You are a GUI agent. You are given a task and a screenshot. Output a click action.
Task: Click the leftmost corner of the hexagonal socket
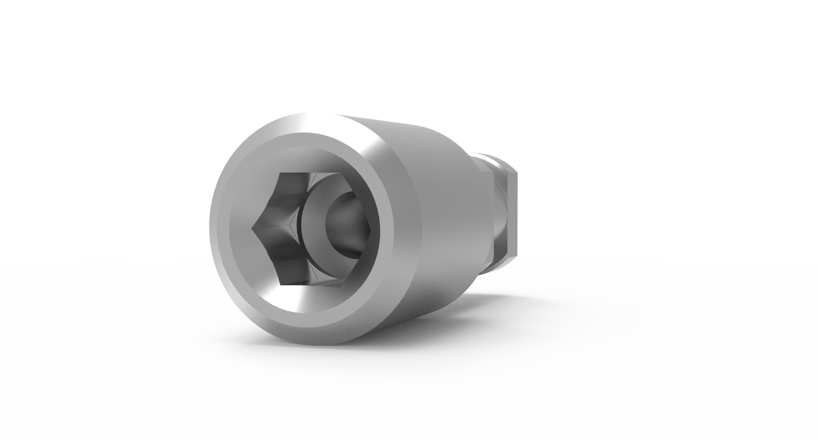click(251, 228)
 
